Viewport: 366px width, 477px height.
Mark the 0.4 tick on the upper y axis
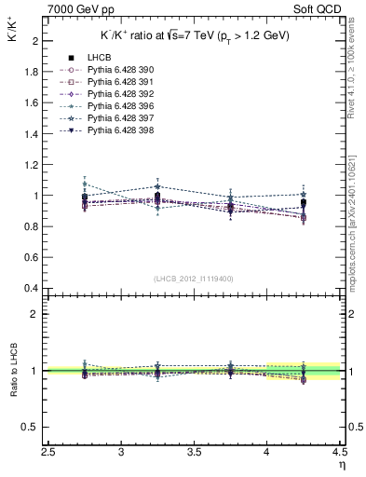click(30, 288)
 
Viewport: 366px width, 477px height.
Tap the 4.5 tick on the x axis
click(339, 454)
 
